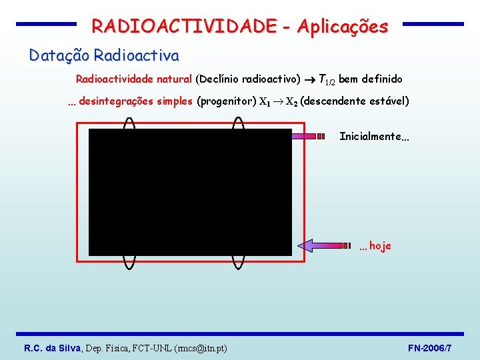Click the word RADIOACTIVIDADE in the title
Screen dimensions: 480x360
[x=185, y=27]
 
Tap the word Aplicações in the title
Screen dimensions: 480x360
[x=343, y=27]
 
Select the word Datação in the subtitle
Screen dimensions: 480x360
[x=59, y=55]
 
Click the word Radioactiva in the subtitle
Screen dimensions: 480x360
[x=137, y=55]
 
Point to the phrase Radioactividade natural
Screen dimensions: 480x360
[x=134, y=79]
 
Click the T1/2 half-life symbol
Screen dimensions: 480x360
[x=327, y=80]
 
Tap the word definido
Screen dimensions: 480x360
[x=382, y=79]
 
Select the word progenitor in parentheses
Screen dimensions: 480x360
[x=227, y=102]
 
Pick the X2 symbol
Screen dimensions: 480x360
[x=291, y=103]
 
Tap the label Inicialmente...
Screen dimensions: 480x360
[x=370, y=137]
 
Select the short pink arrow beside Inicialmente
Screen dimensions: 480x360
[x=307, y=136]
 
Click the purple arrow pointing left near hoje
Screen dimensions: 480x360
[x=325, y=246]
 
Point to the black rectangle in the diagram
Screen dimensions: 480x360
[x=191, y=192]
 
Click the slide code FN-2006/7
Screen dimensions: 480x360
[x=429, y=348]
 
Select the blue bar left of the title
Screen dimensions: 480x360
[x=47, y=23]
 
